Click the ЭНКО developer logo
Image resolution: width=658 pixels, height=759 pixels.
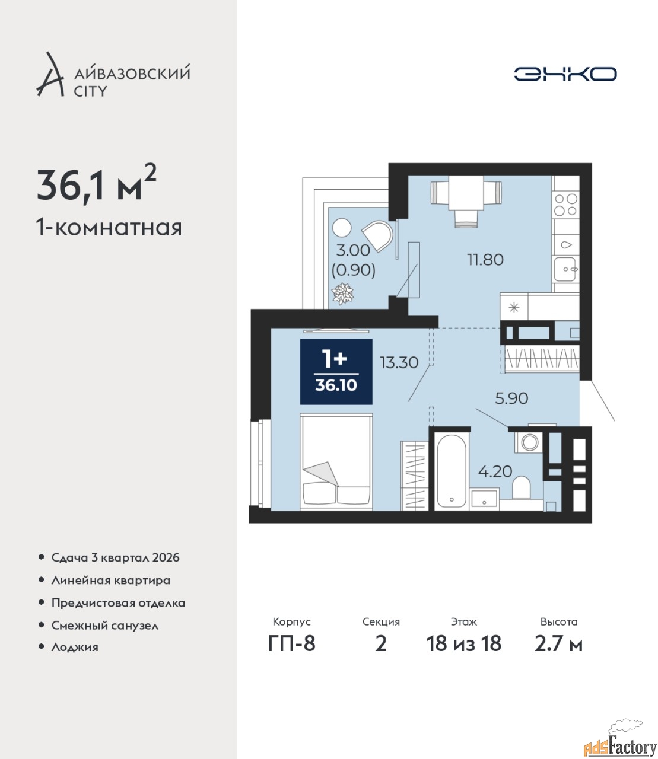[565, 74]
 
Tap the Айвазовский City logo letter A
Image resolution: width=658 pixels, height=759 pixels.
[50, 75]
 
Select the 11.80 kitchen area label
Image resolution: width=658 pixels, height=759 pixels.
[485, 260]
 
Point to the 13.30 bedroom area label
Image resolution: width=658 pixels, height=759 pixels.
[399, 362]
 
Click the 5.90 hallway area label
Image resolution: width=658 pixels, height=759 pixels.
[511, 398]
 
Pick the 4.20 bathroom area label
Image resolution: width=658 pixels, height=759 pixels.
[495, 471]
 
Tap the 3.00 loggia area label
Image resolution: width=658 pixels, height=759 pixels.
[353, 250]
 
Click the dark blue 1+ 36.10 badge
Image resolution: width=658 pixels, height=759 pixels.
[336, 372]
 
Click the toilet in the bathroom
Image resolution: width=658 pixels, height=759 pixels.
[521, 487]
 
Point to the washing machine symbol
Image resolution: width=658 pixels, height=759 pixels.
[529, 442]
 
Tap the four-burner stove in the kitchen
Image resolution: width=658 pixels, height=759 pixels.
[566, 205]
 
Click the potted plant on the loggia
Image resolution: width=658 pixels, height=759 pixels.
[343, 294]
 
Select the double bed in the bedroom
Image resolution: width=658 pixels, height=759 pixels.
[336, 462]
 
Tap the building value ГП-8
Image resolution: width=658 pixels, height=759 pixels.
[292, 644]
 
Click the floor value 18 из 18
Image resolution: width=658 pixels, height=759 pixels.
[463, 644]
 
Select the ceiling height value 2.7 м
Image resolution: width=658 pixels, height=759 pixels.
[558, 644]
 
